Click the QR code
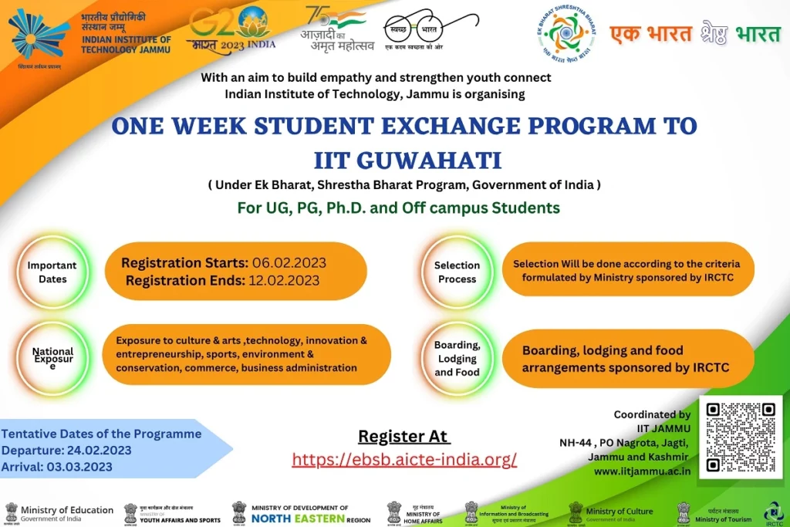[741, 437]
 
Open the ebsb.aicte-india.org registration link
[404, 460]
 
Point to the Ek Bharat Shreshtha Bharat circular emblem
[565, 35]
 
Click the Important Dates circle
[52, 272]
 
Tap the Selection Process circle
[457, 272]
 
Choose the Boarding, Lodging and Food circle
[457, 359]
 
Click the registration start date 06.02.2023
[285, 263]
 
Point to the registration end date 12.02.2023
[284, 281]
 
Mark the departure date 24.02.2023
[97, 451]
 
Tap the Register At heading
[403, 437]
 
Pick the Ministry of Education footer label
[67, 511]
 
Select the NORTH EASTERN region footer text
[299, 519]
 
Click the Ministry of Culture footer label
[620, 512]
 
